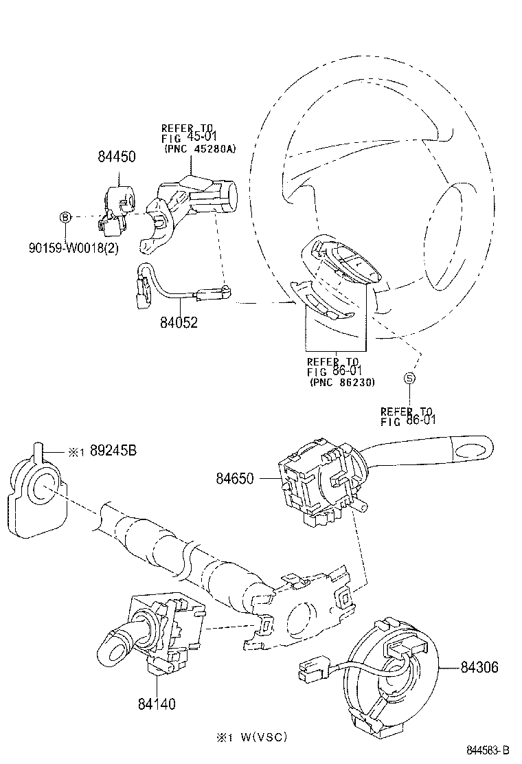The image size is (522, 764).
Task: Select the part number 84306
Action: (x=479, y=666)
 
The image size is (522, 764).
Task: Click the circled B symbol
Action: (x=65, y=217)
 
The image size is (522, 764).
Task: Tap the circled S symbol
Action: (x=409, y=377)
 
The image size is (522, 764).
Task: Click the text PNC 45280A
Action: (x=199, y=148)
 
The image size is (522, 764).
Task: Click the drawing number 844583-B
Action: (x=489, y=750)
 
